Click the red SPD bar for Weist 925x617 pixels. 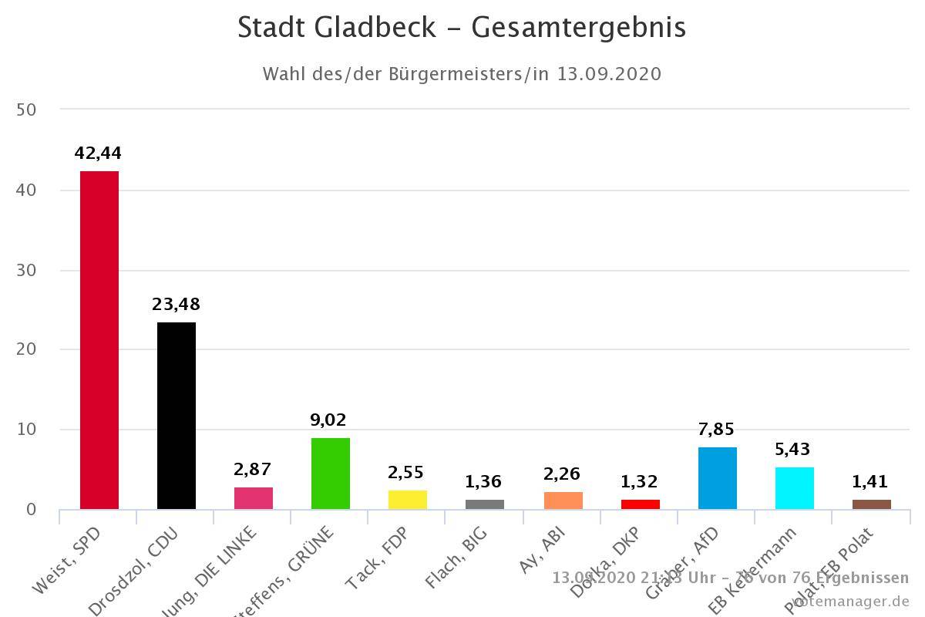99,339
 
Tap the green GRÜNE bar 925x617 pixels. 331,473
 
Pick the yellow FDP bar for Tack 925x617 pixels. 408,499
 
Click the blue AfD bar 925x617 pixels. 718,477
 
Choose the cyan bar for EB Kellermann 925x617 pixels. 795,487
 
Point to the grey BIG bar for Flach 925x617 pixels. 485,504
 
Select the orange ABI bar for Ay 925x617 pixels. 563,500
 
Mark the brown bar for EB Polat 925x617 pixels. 872,504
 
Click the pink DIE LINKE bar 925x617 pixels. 254,497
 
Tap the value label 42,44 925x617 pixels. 98,153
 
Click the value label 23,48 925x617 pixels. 176,304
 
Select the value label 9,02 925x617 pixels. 329,420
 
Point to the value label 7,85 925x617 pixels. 717,429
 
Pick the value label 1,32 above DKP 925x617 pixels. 640,482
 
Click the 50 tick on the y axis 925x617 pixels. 26,110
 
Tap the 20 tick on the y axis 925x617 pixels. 26,349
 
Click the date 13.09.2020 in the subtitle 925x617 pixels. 609,74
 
